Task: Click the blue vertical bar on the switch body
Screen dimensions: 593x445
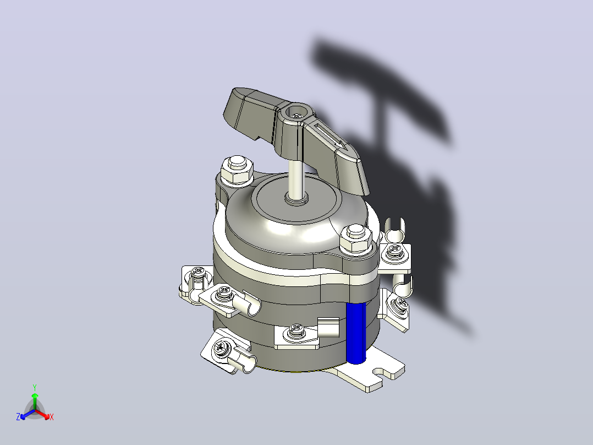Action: pos(356,333)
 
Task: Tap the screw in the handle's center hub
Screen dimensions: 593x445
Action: pos(297,113)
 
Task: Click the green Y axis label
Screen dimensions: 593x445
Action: pos(35,388)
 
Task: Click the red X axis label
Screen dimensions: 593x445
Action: pos(52,417)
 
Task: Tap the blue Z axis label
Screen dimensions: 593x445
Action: pos(18,417)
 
